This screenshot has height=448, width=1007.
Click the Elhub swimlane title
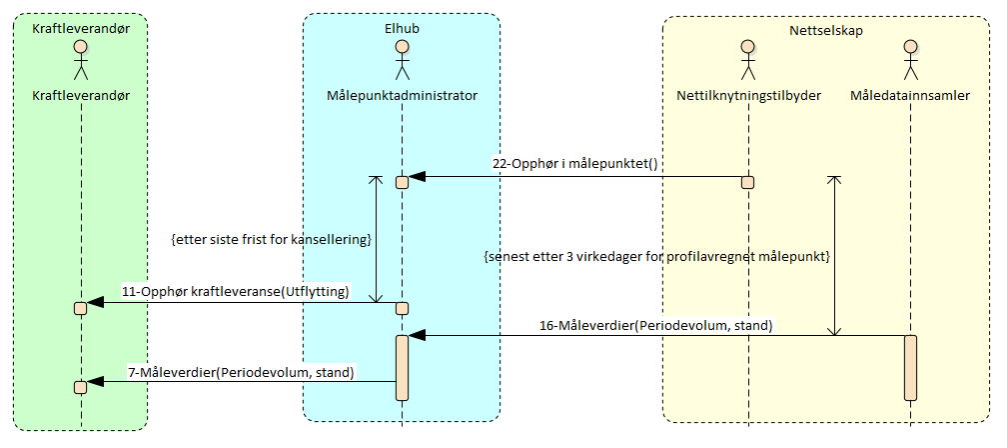[402, 28]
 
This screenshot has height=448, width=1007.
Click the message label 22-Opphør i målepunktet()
[574, 164]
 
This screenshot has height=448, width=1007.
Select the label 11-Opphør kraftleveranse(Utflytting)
[236, 291]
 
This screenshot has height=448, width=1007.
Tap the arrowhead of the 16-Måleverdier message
[418, 336]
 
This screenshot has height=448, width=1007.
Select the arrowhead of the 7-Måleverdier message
[96, 381]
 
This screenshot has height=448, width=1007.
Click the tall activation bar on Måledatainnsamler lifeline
[910, 366]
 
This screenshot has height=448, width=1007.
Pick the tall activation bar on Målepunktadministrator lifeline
[402, 366]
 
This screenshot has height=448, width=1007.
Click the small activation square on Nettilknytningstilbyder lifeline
[747, 182]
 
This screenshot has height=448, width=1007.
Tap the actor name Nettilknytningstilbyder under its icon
[747, 96]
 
